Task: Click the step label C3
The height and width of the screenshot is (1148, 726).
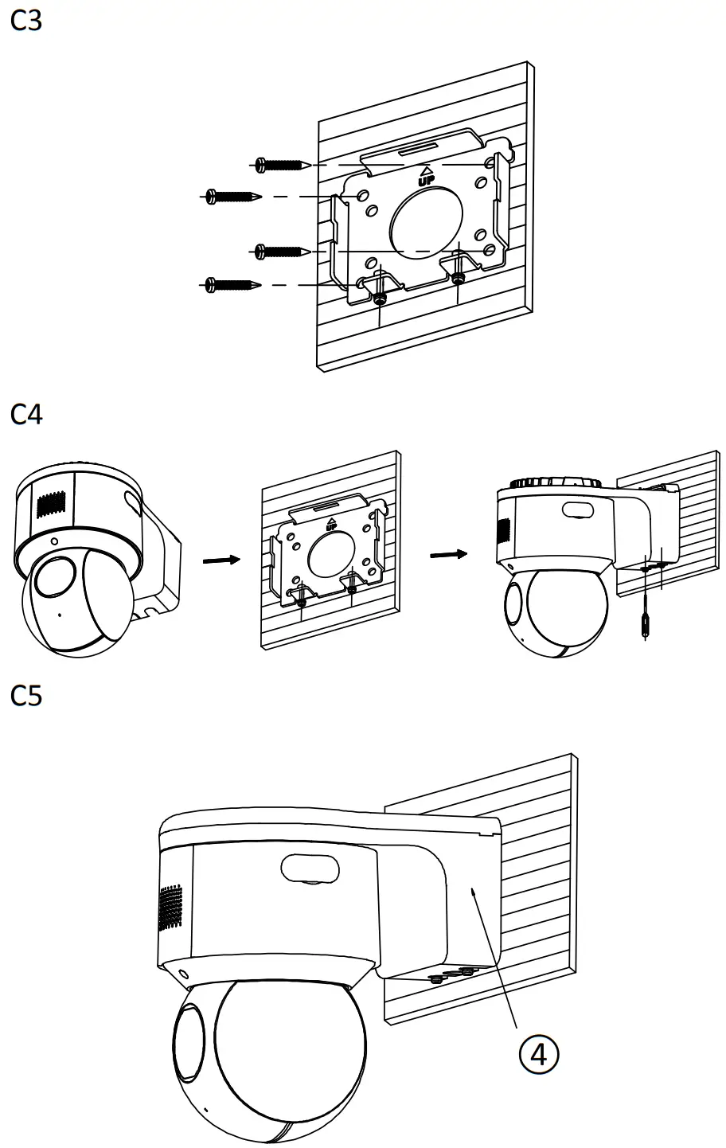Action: pos(26,21)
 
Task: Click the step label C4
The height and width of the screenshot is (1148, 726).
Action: pos(26,414)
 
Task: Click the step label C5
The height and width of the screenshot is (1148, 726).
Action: pos(26,696)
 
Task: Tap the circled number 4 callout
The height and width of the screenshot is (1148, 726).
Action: pos(538,1053)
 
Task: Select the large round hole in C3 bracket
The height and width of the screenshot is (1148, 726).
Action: pos(426,220)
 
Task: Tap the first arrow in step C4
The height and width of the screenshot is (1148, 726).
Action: pos(221,560)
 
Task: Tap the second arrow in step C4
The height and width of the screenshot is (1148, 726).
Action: pos(447,553)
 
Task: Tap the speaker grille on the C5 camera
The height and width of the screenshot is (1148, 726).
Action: pos(170,908)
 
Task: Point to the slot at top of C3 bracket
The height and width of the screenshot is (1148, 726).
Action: pos(416,149)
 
